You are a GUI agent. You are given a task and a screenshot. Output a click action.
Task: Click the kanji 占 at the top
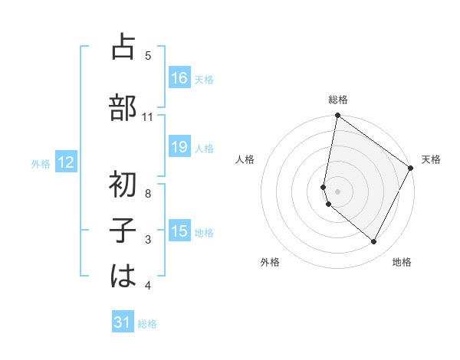pyautogui.click(x=123, y=48)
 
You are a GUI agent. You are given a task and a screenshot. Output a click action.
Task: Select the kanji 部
pyautogui.click(x=123, y=108)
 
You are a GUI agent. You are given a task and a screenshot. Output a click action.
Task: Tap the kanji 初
pyautogui.click(x=123, y=185)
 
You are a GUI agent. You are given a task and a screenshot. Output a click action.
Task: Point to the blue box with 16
pyautogui.click(x=179, y=77)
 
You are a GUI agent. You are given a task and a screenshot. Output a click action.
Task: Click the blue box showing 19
pyautogui.click(x=179, y=147)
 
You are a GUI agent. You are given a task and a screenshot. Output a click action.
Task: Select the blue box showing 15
pyautogui.click(x=179, y=231)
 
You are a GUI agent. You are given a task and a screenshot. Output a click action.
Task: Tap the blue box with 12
pyautogui.click(x=66, y=162)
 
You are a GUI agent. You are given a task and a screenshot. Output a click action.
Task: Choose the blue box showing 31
pyautogui.click(x=123, y=322)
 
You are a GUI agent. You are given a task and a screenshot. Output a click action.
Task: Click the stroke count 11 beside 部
pyautogui.click(x=148, y=117)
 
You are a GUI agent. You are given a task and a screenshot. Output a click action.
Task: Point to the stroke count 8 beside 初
pyautogui.click(x=148, y=194)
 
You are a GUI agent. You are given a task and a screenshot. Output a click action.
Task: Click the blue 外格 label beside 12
pyautogui.click(x=41, y=163)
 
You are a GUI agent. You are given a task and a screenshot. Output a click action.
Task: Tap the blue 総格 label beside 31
pyautogui.click(x=147, y=324)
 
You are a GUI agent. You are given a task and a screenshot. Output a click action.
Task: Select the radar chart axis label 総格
pyautogui.click(x=338, y=100)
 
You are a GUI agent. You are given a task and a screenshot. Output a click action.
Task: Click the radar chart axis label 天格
pyautogui.click(x=431, y=159)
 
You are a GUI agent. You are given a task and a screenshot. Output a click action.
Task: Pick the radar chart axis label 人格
pyautogui.click(x=245, y=159)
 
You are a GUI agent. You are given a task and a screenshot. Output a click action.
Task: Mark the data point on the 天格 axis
pyautogui.click(x=411, y=168)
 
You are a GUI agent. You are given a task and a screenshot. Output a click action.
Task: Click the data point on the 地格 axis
pyautogui.click(x=374, y=242)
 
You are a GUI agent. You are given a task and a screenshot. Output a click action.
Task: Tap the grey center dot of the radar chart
pyautogui.click(x=338, y=191)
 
